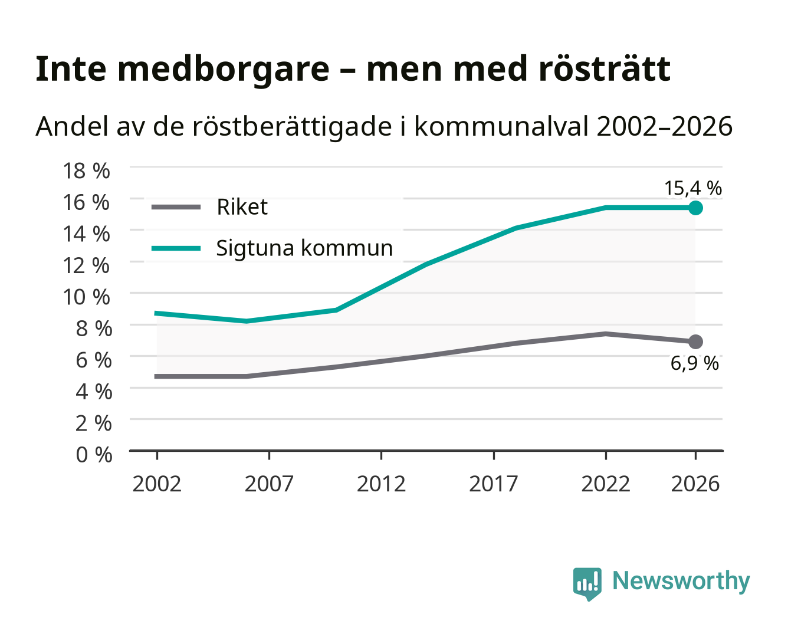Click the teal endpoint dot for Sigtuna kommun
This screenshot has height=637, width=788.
(x=695, y=208)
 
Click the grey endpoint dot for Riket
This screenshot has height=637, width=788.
(x=695, y=342)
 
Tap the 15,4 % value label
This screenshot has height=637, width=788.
(x=693, y=188)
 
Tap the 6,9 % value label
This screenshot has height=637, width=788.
(x=694, y=363)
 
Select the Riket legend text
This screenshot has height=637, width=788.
(x=242, y=207)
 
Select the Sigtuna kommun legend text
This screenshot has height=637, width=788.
(x=304, y=248)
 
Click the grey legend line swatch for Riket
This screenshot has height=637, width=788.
(x=176, y=207)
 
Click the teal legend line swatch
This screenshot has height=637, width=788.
(x=176, y=248)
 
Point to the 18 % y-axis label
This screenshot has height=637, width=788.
(x=87, y=171)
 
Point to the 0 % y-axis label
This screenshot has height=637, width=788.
(x=94, y=455)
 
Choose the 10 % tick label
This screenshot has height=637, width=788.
(x=87, y=297)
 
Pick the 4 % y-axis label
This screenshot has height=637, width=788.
(x=94, y=392)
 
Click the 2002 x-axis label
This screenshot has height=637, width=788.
(x=157, y=484)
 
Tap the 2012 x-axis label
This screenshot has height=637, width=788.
(x=381, y=484)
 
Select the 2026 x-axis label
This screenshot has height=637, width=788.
(x=695, y=484)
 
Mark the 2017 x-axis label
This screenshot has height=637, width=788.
(x=494, y=484)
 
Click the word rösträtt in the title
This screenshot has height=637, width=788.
(x=605, y=68)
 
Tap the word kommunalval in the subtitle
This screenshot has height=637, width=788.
(x=501, y=126)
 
